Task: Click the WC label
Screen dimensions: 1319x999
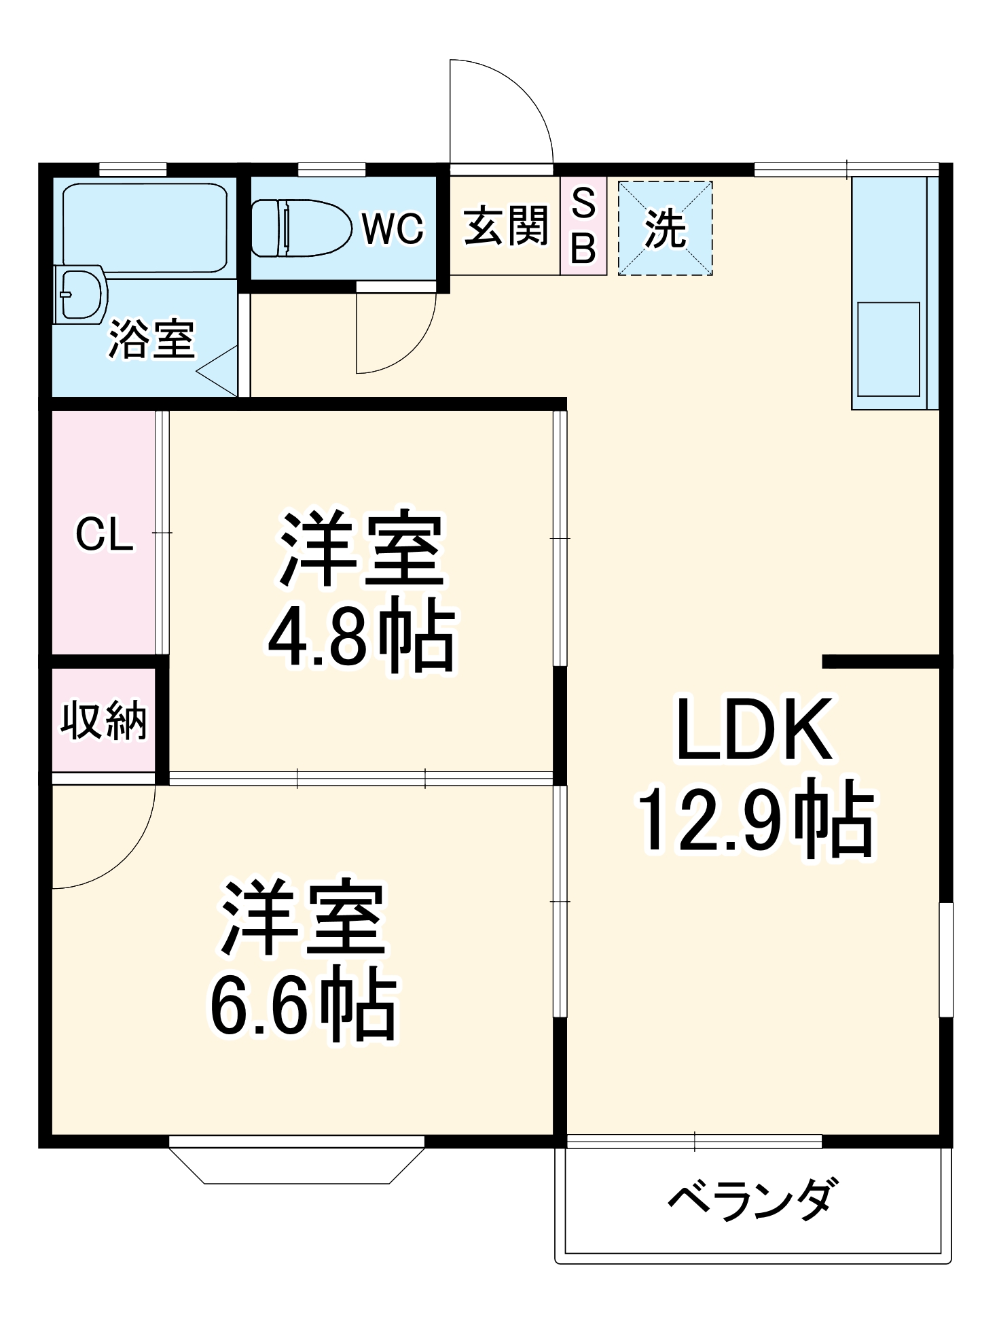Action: point(393,228)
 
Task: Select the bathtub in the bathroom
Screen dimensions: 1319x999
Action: point(145,228)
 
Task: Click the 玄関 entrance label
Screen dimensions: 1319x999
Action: point(505,226)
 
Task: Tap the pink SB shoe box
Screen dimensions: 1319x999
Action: point(583,226)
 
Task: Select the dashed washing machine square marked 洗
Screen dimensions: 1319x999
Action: point(665,228)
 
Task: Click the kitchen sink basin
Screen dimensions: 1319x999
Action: point(888,349)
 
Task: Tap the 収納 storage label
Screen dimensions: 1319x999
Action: point(103,720)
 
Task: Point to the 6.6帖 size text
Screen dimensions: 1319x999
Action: point(303,1008)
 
